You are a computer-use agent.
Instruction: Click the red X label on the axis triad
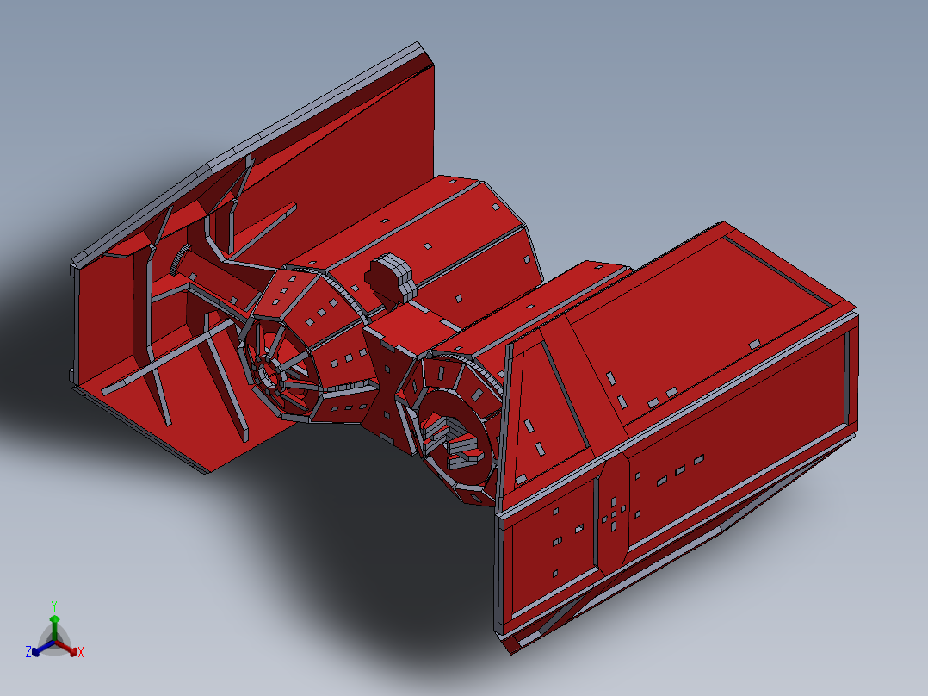pos(81,653)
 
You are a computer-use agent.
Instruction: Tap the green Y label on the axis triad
pos(53,606)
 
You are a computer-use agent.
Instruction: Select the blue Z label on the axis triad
pos(28,653)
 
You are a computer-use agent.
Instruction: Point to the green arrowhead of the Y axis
pos(54,619)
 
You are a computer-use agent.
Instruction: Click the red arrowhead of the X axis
pos(72,650)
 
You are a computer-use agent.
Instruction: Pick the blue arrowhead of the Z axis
pos(36,651)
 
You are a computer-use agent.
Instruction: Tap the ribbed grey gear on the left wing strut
pos(182,259)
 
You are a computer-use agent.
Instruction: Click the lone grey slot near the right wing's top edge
pos(755,344)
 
